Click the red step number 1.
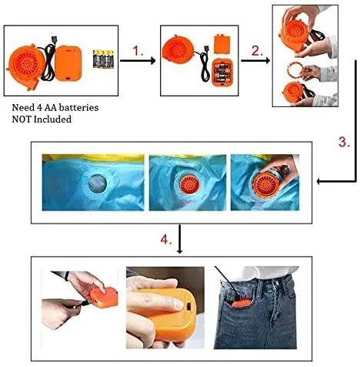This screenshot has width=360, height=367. click(x=138, y=51)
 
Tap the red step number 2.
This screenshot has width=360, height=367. click(x=257, y=51)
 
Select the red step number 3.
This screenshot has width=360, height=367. click(x=344, y=142)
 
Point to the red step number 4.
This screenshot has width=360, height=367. click(x=166, y=240)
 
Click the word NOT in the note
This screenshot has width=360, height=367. click(x=22, y=120)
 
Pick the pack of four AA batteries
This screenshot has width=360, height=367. click(x=103, y=59)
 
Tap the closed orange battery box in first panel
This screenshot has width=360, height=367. click(x=68, y=63)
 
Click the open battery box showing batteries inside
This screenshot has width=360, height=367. click(x=223, y=72)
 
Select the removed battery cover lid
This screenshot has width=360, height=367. click(x=222, y=44)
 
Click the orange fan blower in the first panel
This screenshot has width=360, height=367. click(x=25, y=66)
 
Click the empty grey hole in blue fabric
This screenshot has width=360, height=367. click(x=98, y=183)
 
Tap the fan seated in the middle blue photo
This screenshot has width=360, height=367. click(x=190, y=183)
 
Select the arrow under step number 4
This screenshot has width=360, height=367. click(x=179, y=239)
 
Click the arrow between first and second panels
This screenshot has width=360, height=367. click(x=138, y=61)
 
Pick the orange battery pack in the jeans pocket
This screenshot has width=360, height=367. click(x=242, y=303)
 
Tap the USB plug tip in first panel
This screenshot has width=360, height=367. click(x=55, y=40)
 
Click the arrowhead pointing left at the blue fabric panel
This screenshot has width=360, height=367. click(x=319, y=182)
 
